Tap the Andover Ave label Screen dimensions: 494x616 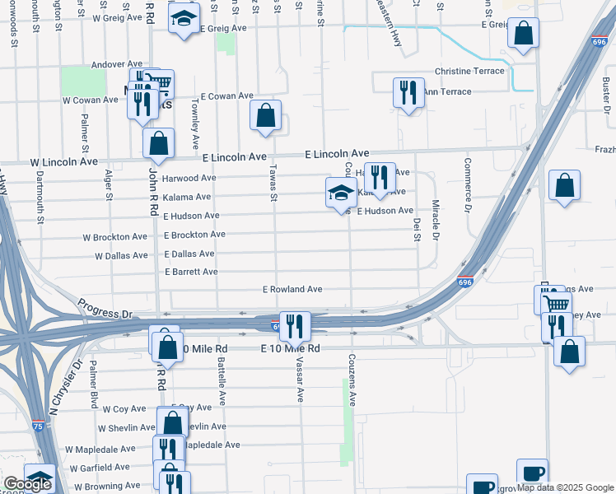117,64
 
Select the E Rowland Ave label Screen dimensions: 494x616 292,290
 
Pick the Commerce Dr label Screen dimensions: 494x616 467,184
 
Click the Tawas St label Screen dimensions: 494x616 273,182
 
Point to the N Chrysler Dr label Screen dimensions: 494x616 66,387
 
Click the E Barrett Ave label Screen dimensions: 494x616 191,272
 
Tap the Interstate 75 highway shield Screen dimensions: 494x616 39,425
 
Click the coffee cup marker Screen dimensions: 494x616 532,473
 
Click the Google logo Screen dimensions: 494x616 26,483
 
